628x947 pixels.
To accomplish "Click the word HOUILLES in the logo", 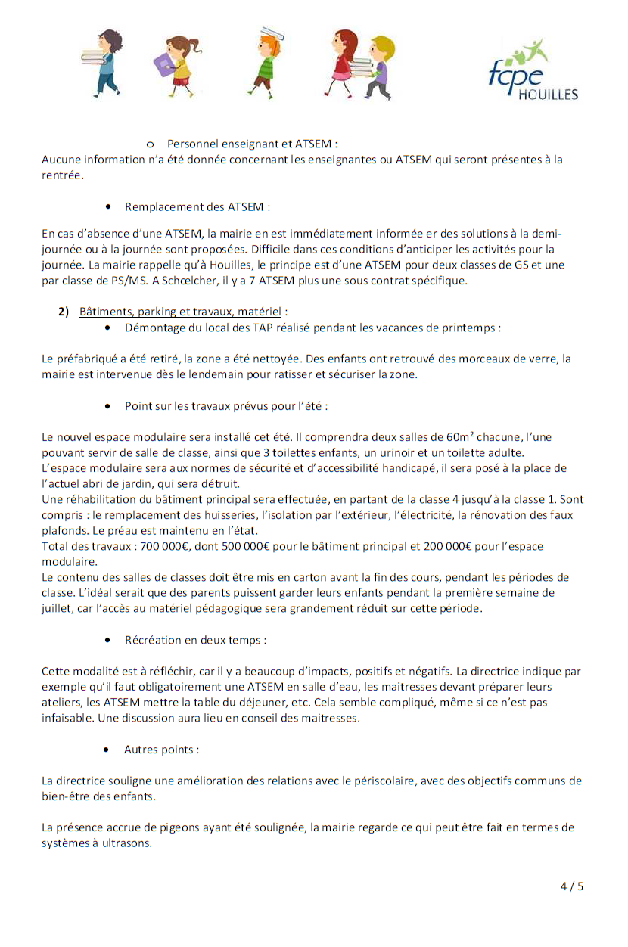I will (549, 95).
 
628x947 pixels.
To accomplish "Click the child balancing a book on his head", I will (266, 64).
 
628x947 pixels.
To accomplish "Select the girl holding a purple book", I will (174, 64).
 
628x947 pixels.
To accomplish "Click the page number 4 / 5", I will (572, 887).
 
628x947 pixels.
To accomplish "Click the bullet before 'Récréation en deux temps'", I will (110, 640).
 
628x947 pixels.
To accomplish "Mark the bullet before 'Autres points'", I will (110, 750).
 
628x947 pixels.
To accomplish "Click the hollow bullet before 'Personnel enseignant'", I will (150, 144).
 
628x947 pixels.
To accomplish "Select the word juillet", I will (58, 608).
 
